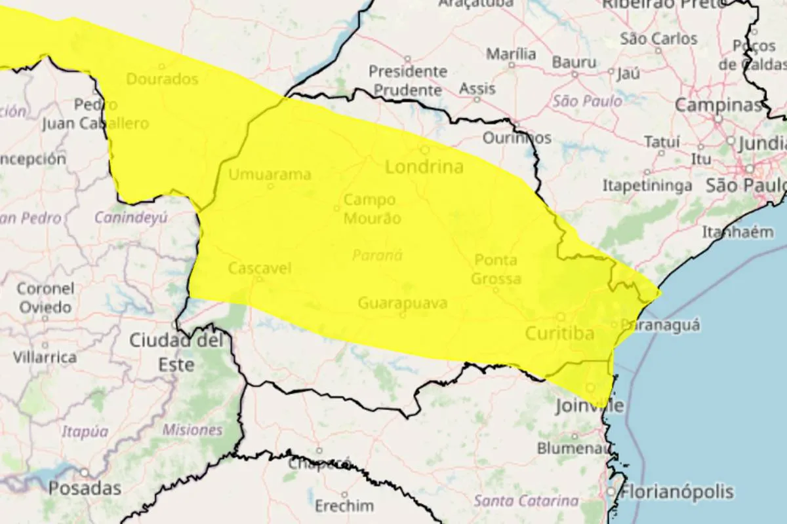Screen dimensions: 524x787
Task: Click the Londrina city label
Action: coord(424,167)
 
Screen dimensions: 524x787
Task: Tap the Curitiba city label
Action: coord(560,334)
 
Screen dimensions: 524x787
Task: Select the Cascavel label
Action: coord(260,268)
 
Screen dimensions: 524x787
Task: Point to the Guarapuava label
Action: coord(403,303)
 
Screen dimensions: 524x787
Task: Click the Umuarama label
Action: coord(270,175)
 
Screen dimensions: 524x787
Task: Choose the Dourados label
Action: coord(161,79)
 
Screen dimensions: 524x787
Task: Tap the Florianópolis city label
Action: coord(678,492)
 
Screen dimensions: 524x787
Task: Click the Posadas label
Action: coord(85,488)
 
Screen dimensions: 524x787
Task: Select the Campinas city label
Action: coord(718,105)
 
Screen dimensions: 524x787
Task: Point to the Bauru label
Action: coord(575,63)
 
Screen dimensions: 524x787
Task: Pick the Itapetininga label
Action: coord(647,186)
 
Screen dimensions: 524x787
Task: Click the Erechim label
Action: coord(344,506)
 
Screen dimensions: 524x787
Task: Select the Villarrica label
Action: coord(45,358)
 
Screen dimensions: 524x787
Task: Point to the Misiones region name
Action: coord(192,430)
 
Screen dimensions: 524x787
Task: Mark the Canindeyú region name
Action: coord(131,217)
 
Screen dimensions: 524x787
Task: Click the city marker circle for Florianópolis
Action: coord(611,491)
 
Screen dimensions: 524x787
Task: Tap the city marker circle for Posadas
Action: coord(85,472)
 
